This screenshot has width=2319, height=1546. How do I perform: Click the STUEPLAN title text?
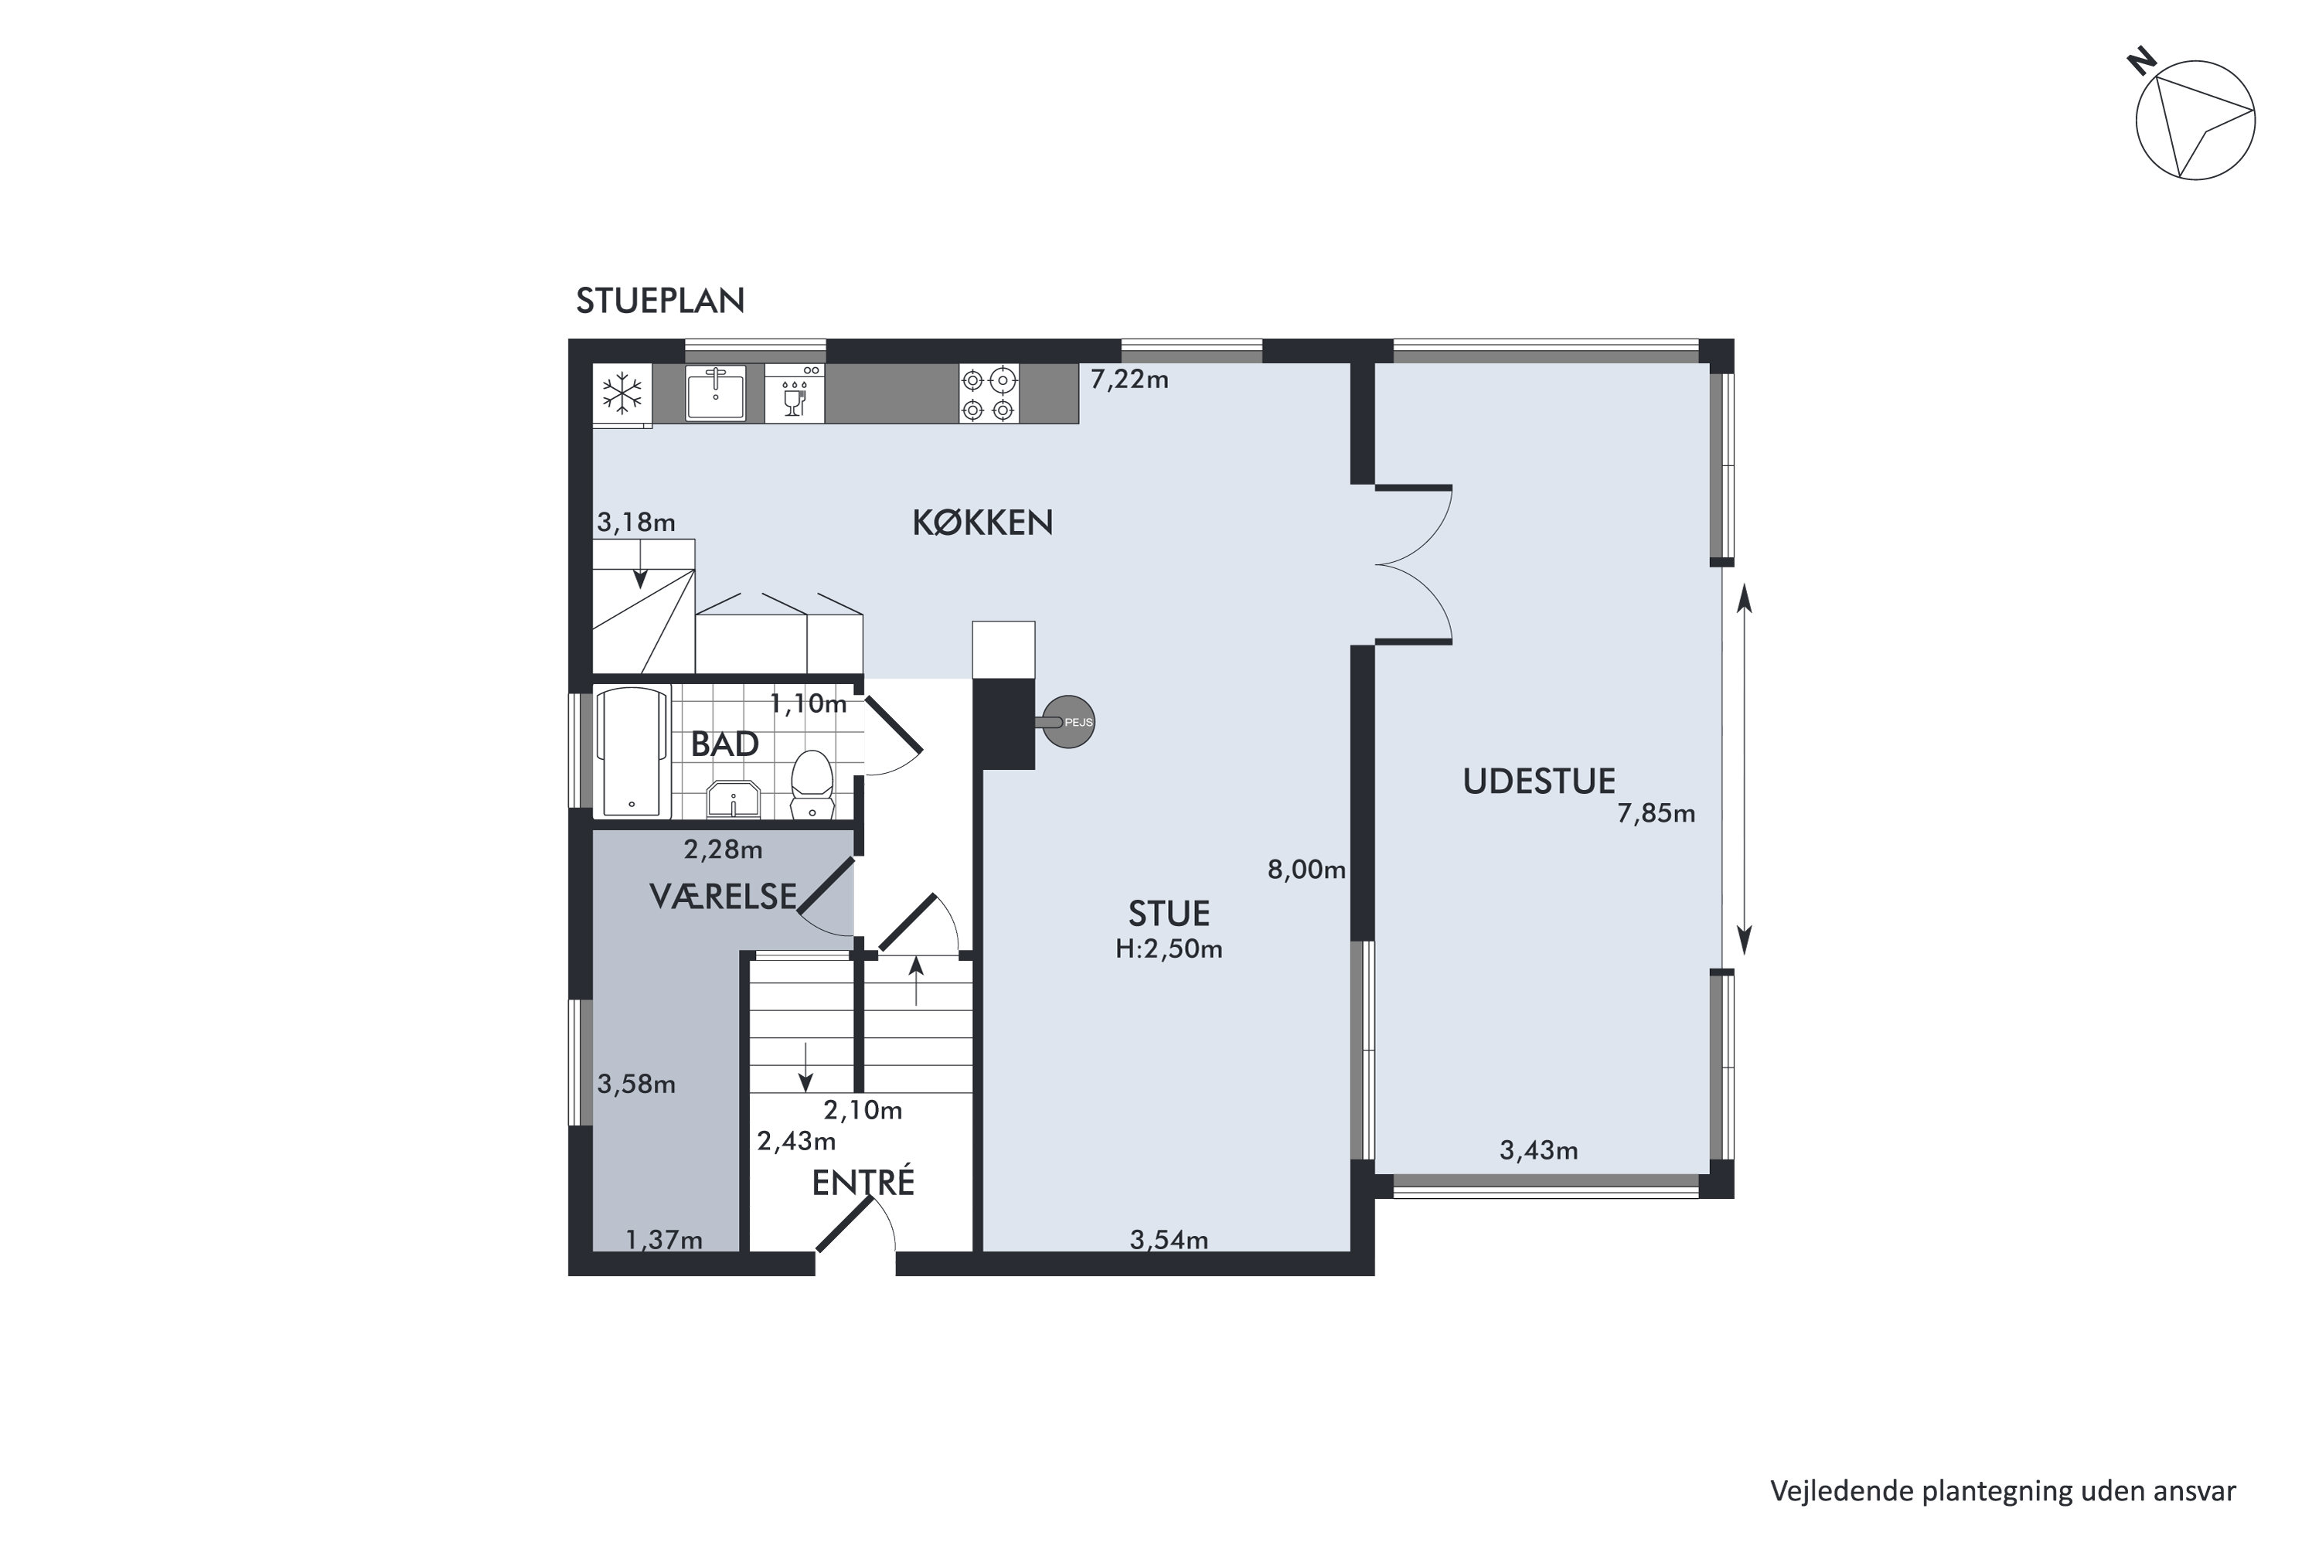click(659, 301)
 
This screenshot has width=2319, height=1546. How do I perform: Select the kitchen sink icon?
click(716, 393)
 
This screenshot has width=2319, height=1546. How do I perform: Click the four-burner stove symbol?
click(989, 393)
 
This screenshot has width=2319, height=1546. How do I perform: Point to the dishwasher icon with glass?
click(795, 393)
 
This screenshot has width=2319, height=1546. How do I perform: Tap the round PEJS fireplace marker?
click(1069, 722)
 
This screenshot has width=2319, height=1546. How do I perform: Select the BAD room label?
click(725, 744)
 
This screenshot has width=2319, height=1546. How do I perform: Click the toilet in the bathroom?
click(812, 784)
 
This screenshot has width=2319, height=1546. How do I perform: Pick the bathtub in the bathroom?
click(633, 752)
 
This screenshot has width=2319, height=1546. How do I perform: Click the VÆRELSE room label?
click(723, 895)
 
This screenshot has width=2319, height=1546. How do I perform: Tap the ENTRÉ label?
click(863, 1182)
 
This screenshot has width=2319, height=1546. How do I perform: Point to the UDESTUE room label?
click(1539, 782)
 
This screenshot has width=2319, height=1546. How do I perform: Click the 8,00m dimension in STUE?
click(1306, 870)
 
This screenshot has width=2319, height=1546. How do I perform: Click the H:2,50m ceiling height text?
click(1170, 949)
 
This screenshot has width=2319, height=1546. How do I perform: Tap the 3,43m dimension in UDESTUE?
click(1538, 1149)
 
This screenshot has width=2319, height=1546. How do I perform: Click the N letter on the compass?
click(2140, 63)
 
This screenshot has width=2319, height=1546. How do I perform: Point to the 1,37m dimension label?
click(665, 1239)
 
